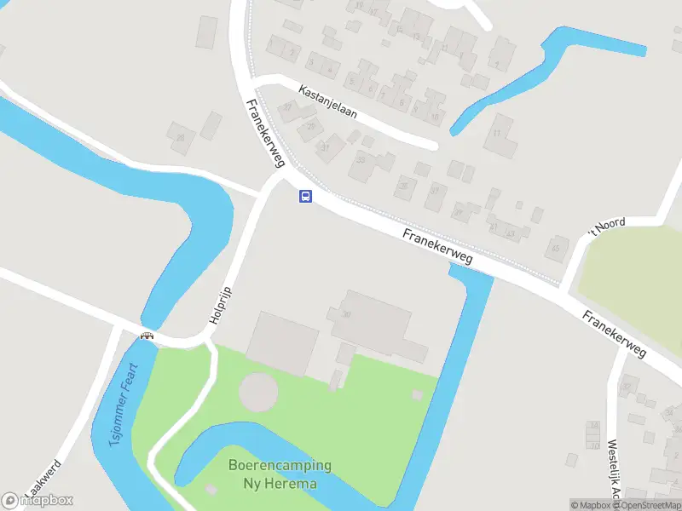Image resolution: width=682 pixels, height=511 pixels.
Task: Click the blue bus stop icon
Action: point(305,197)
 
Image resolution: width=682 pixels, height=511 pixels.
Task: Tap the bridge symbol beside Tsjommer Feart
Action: point(147,336)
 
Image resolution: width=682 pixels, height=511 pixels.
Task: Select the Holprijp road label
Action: point(221,304)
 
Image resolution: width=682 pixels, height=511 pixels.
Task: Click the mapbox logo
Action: point(38,500)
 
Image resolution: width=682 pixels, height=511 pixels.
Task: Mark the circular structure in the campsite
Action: point(258,393)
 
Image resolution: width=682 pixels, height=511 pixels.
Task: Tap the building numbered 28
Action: point(181,136)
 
